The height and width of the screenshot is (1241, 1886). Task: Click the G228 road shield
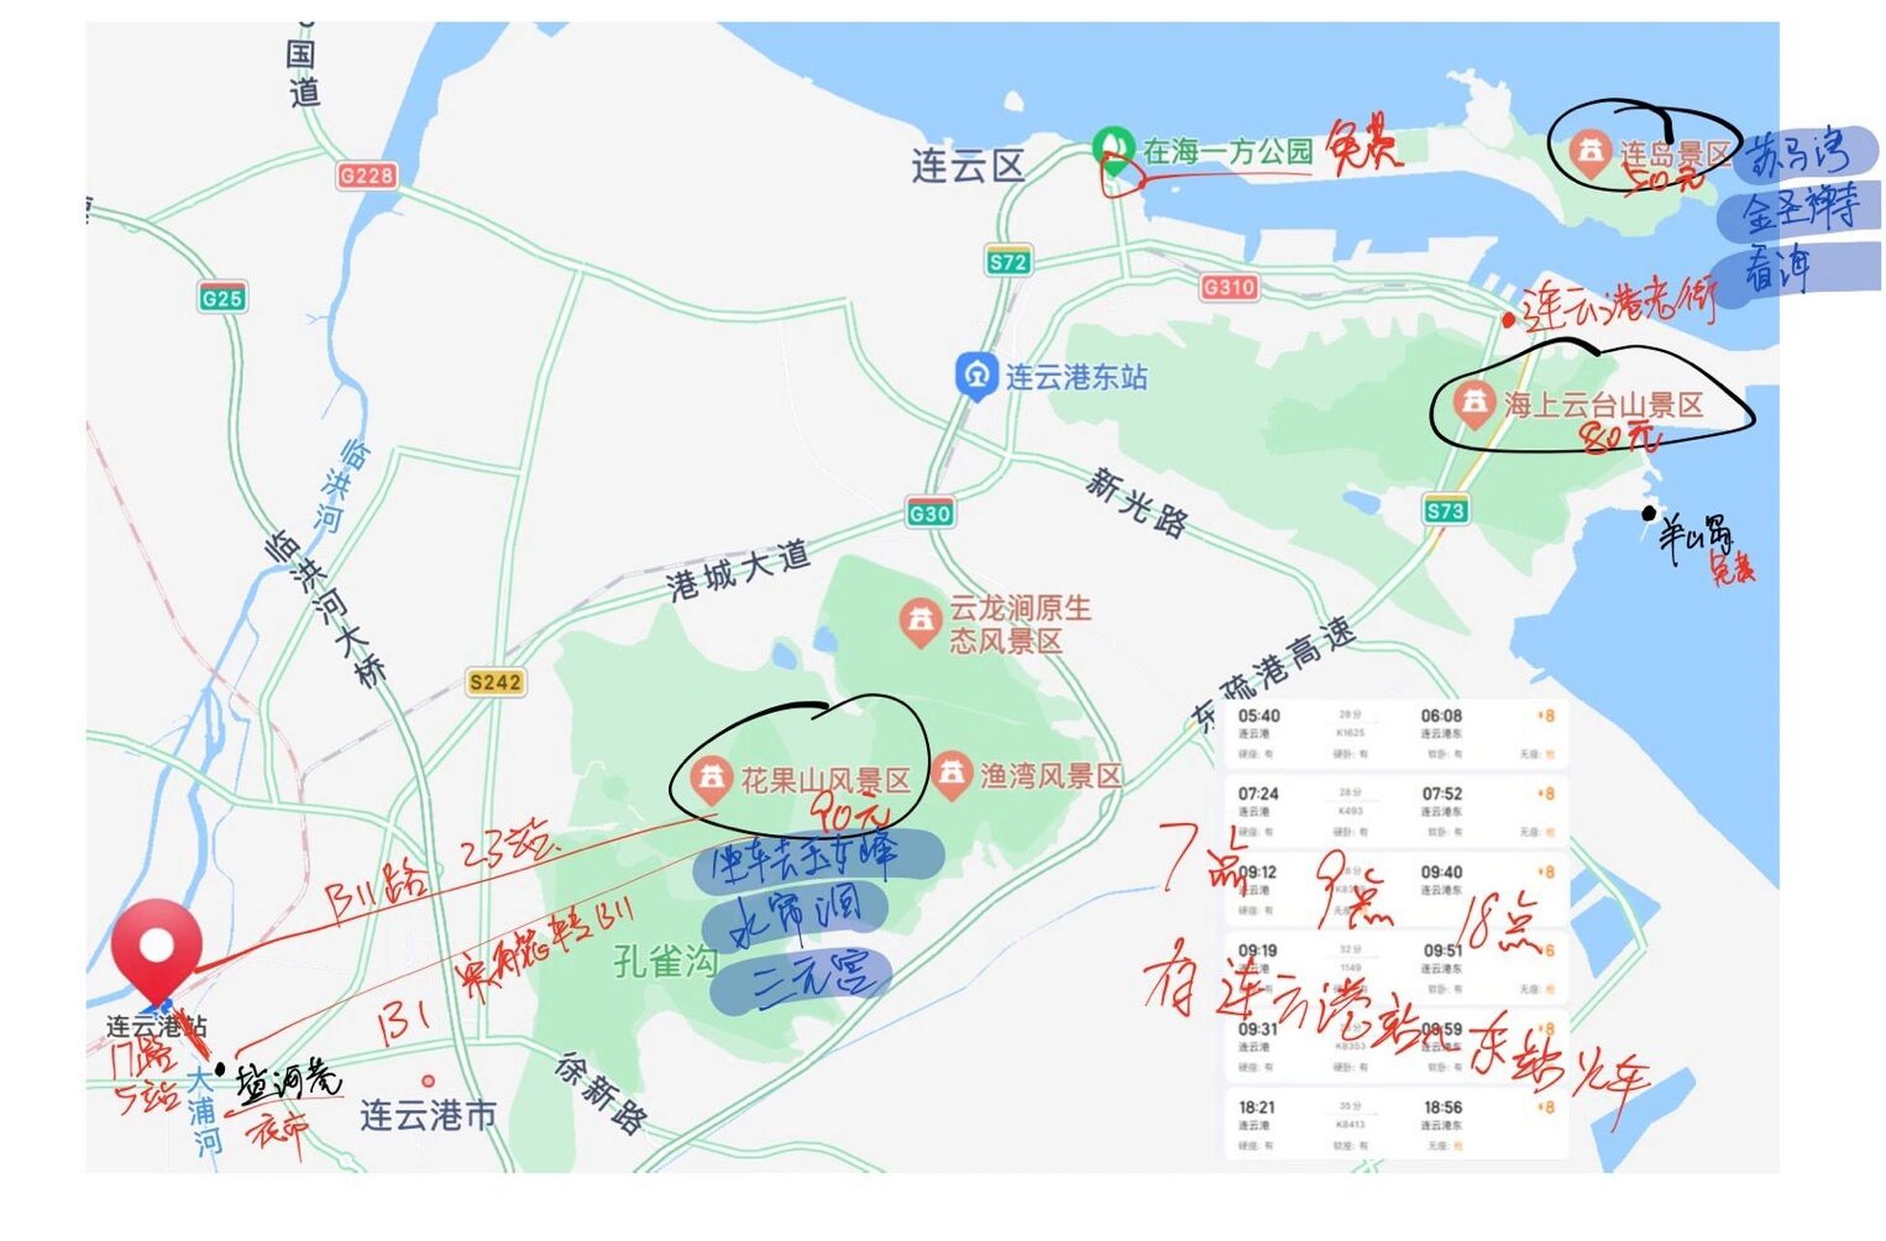tap(367, 175)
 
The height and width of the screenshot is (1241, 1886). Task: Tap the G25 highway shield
tap(222, 298)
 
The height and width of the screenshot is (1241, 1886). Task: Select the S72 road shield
tap(1007, 261)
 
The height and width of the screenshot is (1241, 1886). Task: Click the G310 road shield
tap(1229, 287)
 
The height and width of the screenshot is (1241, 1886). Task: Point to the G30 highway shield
tap(929, 513)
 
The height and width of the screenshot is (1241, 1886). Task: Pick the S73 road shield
tap(1445, 510)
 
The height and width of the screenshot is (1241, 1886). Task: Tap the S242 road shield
tap(495, 682)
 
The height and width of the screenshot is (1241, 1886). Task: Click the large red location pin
tap(156, 945)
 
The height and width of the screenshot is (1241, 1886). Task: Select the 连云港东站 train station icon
tap(976, 374)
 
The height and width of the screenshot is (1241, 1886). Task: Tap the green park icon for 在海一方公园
tap(1113, 149)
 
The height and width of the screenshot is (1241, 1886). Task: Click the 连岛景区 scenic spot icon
tap(1589, 152)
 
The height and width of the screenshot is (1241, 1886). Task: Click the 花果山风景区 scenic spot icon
tap(711, 778)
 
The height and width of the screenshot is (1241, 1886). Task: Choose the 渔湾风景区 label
tap(1051, 776)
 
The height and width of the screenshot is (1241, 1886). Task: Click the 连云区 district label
tap(967, 166)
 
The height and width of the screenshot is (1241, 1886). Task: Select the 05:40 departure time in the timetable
tap(1258, 716)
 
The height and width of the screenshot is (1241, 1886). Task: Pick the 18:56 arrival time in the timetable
tap(1443, 1106)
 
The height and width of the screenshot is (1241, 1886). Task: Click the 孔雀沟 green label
tap(665, 961)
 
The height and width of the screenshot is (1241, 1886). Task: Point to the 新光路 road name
tap(1135, 501)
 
